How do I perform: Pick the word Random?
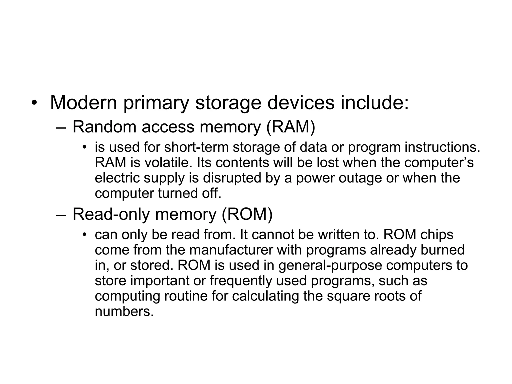point(104,127)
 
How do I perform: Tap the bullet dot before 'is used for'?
point(85,147)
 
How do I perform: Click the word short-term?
point(196,147)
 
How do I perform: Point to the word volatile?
point(169,162)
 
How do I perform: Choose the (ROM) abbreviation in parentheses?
point(247,214)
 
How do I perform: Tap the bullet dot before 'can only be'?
point(85,234)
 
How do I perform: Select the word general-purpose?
point(330,265)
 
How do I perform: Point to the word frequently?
point(240,281)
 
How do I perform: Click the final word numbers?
point(124,311)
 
